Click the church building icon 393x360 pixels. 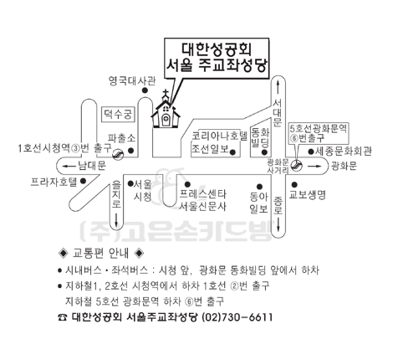click(166, 111)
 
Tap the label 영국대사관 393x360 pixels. click(132, 81)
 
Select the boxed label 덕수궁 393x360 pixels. click(118, 115)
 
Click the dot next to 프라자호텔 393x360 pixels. click(83, 181)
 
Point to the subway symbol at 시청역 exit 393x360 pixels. click(118, 153)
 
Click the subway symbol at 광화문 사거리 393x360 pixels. click(296, 165)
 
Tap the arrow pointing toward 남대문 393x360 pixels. click(69, 167)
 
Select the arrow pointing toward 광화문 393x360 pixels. click(314, 167)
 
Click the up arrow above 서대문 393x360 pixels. click(278, 87)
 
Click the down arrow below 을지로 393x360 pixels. click(116, 219)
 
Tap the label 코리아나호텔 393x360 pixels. click(219, 136)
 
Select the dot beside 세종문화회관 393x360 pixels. click(311, 152)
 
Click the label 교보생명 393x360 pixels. click(307, 194)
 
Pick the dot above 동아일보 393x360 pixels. click(259, 187)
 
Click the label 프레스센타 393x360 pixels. click(202, 194)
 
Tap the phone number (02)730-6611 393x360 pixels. click(237, 317)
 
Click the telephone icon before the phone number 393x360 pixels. click(63, 317)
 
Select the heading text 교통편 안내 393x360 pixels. click(100, 253)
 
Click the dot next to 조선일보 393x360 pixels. click(233, 152)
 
